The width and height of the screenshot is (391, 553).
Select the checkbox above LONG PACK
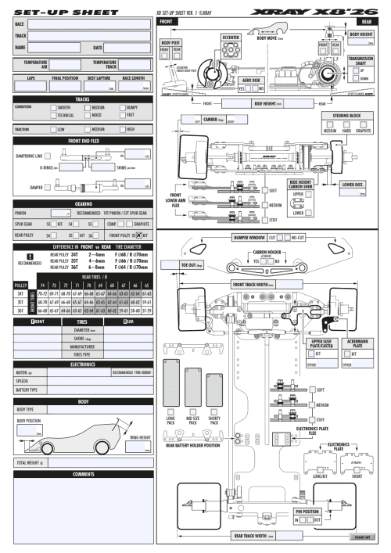pos(170,411)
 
